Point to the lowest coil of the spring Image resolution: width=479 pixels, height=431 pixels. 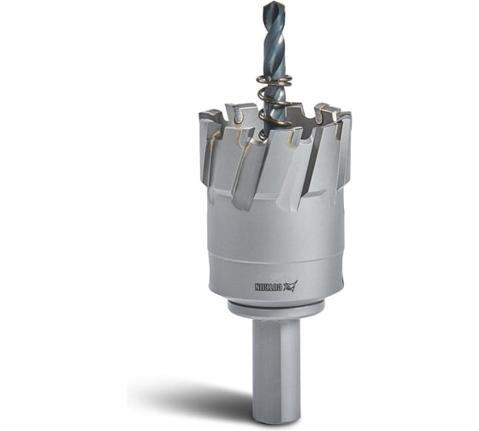tap(275, 121)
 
